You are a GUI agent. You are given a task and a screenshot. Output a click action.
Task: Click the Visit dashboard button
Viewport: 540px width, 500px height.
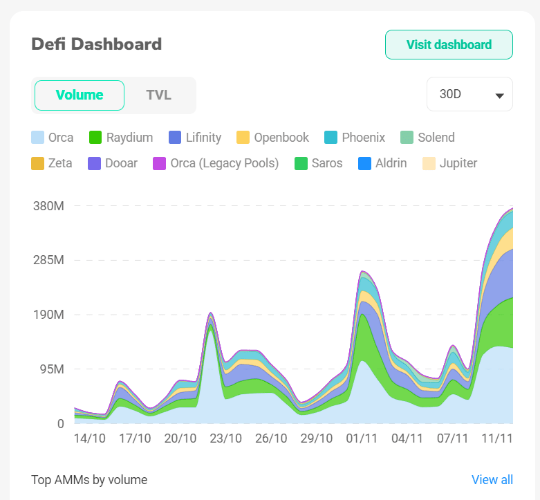tap(449, 45)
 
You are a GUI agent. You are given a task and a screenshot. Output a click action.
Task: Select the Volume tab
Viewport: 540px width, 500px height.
tap(80, 95)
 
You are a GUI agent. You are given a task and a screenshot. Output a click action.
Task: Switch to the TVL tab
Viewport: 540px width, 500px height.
tap(158, 95)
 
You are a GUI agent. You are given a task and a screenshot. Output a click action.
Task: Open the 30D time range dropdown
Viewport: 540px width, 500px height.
tap(470, 95)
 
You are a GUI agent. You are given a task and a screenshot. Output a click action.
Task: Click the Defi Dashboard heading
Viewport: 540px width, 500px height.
tap(97, 44)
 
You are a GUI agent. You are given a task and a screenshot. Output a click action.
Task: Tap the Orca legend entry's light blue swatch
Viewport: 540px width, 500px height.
tap(38, 138)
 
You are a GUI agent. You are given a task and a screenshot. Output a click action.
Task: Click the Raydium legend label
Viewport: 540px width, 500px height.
tap(129, 138)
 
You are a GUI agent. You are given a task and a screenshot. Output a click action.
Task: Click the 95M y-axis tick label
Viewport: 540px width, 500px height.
tap(50, 369)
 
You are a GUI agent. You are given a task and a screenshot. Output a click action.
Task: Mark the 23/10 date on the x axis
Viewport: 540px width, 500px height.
tap(226, 438)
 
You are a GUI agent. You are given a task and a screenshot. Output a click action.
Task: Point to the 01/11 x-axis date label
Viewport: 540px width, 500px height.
tap(362, 438)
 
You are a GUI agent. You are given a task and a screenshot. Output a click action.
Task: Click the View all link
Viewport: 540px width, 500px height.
tap(492, 480)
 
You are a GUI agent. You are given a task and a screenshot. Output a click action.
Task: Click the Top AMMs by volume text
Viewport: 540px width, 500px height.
tap(89, 480)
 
